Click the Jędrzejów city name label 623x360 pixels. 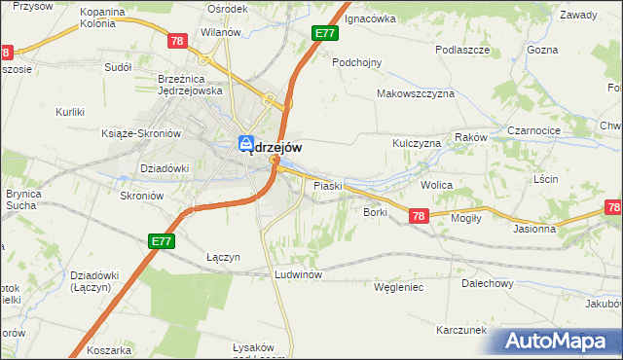272,147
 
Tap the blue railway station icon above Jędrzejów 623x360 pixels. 248,143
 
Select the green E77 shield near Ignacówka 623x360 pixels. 326,34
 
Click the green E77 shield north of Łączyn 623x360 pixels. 162,240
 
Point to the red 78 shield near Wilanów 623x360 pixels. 176,42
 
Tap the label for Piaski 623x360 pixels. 326,185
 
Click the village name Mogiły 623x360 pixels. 467,219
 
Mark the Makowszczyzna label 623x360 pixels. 416,94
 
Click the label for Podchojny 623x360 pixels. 356,62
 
